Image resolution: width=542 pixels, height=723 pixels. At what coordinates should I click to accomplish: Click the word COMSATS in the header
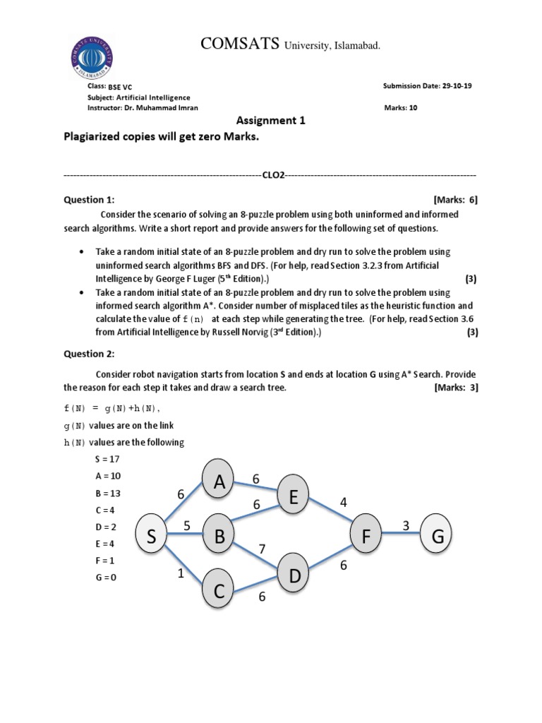(240, 44)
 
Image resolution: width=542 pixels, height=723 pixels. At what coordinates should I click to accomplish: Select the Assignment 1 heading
(270, 121)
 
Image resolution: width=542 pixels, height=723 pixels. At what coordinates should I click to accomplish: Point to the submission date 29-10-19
(457, 86)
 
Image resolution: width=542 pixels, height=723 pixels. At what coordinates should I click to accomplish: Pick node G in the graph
(438, 537)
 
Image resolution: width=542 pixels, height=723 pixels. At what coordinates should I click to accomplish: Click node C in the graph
(219, 591)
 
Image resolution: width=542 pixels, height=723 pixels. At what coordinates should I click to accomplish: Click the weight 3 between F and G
(406, 525)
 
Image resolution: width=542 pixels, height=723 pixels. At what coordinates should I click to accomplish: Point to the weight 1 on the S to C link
(180, 574)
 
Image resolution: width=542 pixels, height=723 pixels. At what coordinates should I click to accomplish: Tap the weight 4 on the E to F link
(344, 503)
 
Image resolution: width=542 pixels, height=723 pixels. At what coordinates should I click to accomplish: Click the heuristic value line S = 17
(107, 459)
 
